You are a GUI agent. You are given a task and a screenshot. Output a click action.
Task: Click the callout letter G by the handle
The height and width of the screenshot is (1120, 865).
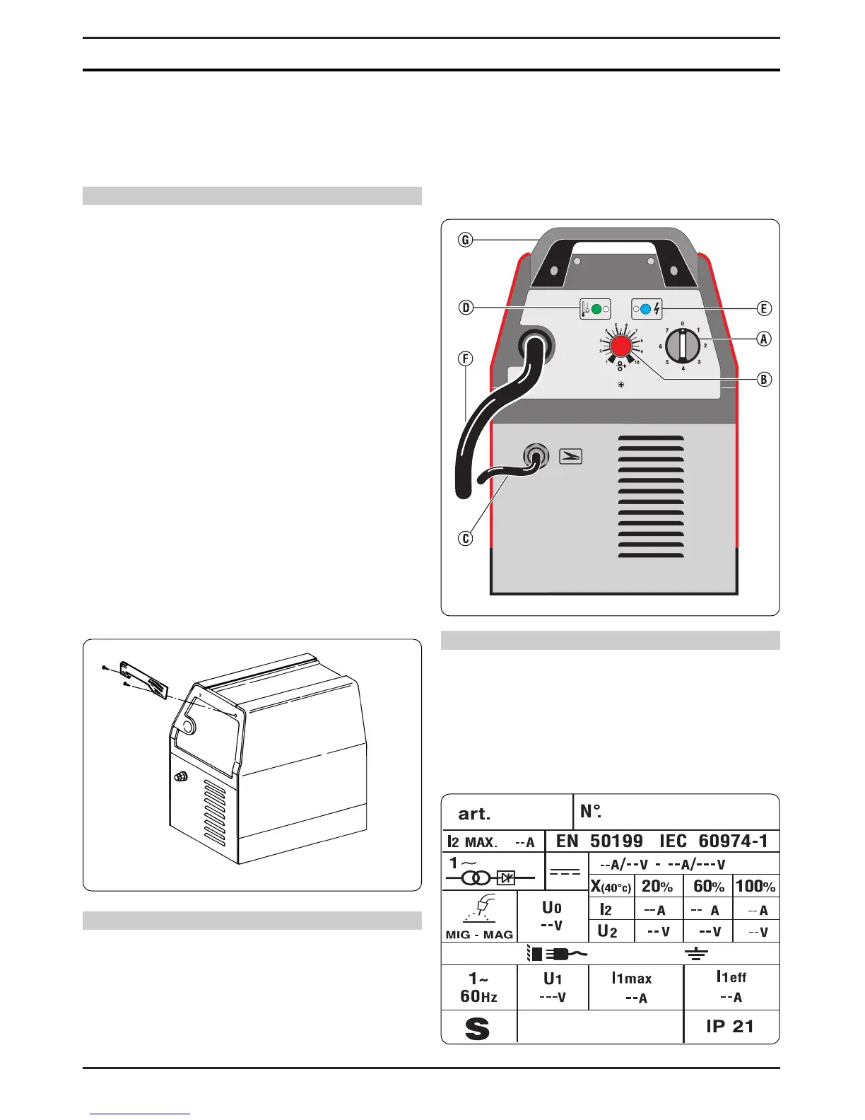[465, 240]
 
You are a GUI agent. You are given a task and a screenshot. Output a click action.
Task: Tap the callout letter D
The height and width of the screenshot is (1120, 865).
[466, 308]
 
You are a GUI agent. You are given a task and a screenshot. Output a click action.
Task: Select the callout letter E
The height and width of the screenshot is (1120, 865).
[764, 308]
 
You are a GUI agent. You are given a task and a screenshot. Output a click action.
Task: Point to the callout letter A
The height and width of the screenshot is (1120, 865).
[764, 339]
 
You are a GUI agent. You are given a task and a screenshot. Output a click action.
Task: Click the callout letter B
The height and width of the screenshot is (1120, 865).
[764, 379]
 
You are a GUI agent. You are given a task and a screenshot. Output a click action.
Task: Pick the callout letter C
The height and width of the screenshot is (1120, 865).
[466, 539]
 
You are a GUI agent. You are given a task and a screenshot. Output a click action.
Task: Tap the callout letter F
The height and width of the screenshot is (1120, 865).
[466, 358]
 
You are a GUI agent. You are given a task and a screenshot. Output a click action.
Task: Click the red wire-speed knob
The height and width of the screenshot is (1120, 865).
[621, 346]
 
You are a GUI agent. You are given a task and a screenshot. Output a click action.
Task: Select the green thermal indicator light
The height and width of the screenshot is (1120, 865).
[596, 309]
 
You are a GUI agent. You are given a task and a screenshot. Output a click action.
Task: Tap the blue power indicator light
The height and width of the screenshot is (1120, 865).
[645, 309]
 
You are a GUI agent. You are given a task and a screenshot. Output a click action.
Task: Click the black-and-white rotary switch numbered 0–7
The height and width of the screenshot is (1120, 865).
[683, 346]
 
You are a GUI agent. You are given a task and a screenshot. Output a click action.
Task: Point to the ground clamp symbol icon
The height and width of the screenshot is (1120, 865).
[571, 456]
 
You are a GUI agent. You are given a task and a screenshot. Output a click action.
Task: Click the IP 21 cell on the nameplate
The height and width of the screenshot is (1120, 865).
[730, 1026]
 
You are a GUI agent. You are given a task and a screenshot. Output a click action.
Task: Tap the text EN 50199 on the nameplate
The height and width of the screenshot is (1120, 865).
[599, 841]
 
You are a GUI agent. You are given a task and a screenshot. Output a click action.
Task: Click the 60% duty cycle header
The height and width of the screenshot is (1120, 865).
[709, 886]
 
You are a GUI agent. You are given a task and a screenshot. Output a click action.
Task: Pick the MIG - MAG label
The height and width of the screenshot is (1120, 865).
[479, 934]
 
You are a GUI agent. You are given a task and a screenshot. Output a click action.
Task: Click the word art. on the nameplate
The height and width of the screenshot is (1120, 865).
[474, 813]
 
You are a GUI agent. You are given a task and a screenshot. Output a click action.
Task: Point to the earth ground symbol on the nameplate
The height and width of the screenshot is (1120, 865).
[697, 954]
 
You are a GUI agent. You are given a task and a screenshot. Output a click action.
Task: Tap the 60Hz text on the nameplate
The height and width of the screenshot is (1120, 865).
[478, 996]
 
